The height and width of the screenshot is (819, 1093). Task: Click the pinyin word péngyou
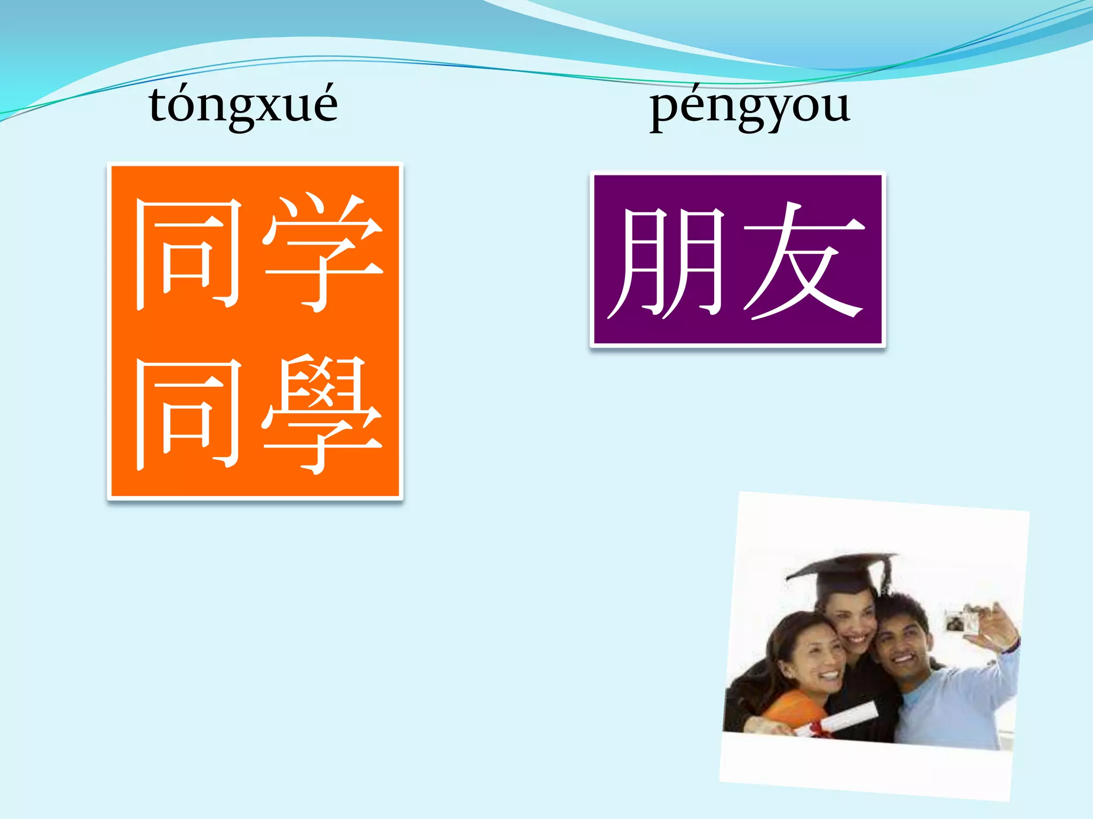[x=749, y=107]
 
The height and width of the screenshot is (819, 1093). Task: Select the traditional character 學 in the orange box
[x=322, y=415]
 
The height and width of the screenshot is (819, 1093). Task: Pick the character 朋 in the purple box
[x=667, y=261]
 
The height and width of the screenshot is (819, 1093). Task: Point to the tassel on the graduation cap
[x=886, y=576]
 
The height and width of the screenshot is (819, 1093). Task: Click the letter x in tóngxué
[x=262, y=109]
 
